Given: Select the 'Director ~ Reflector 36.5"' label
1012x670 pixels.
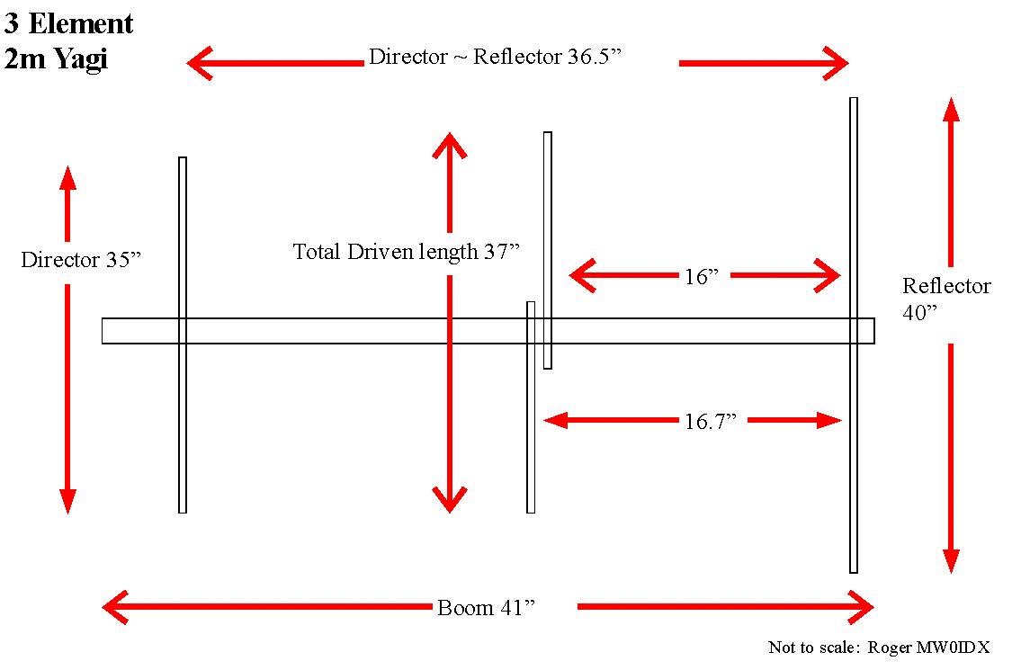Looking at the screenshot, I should [495, 58].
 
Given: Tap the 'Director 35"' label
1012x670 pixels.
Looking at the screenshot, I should [82, 261].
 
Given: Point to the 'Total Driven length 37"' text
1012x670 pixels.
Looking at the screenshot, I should [407, 252].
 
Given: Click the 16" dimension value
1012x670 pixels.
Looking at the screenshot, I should [702, 276].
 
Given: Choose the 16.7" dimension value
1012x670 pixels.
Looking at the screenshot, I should [711, 420].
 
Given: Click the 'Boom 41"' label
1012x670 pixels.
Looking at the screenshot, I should [486, 607].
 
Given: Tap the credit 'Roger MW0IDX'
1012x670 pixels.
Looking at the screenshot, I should [929, 648].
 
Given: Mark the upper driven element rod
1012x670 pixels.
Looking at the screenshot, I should [547, 225].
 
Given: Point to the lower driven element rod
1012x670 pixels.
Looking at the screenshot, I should [531, 432].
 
